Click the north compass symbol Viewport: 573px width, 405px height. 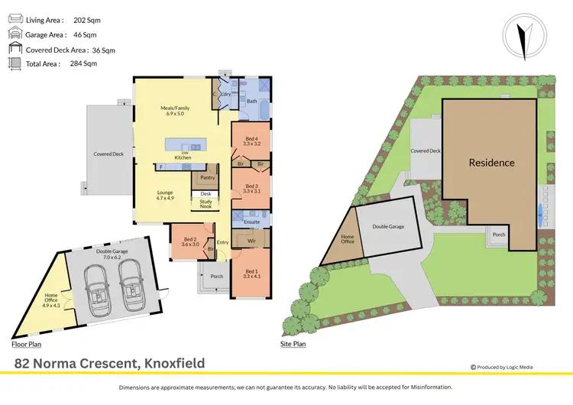[523, 39]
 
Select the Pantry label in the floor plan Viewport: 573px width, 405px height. [206, 178]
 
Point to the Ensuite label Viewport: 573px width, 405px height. [251, 222]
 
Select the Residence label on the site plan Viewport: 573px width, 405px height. [491, 162]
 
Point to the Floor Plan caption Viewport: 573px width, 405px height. [26, 345]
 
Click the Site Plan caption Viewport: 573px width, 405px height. [293, 345]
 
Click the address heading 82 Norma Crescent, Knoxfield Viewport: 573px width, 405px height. [110, 363]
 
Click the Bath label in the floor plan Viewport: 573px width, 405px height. [251, 101]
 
